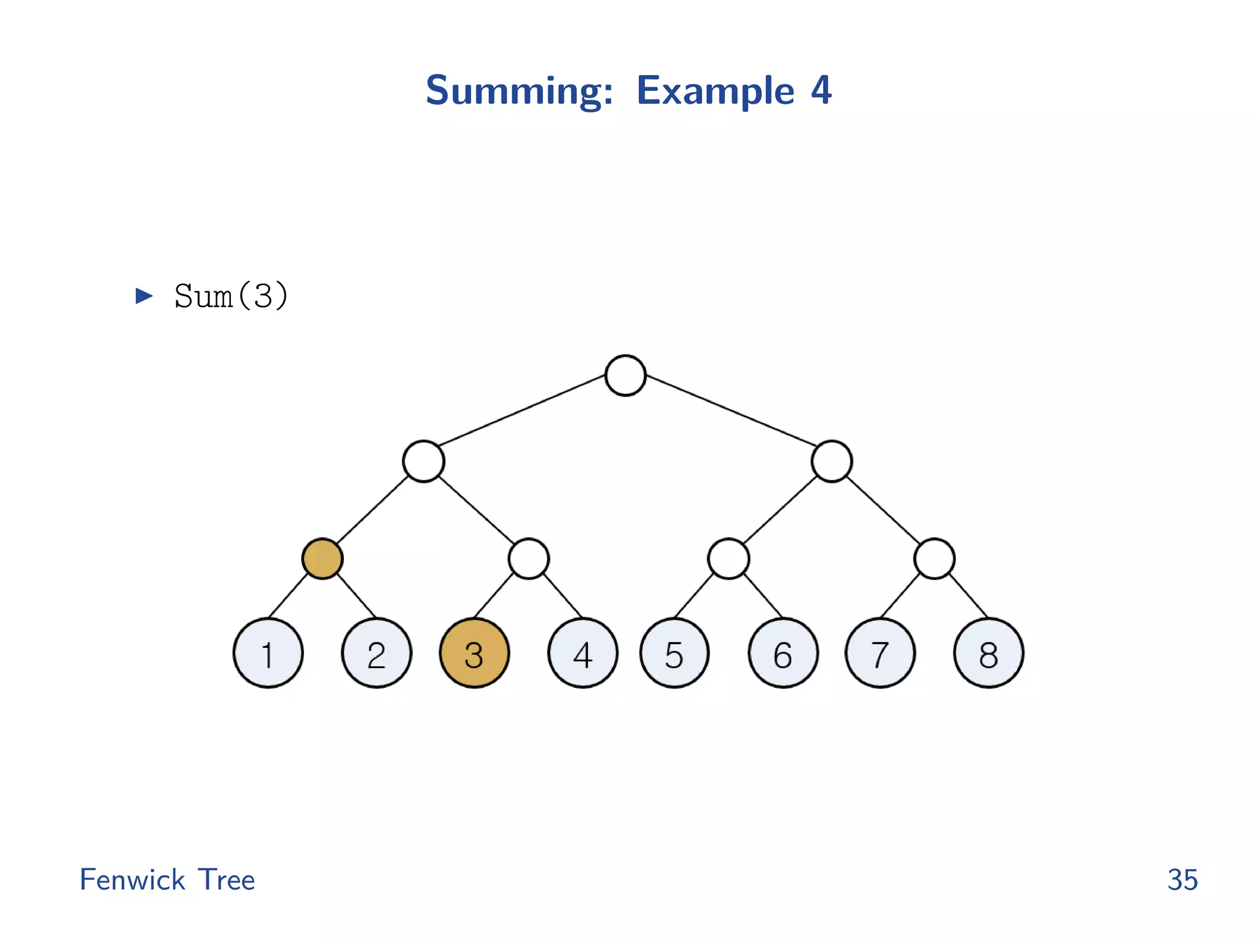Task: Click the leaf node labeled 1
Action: (x=268, y=653)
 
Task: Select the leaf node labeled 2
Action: (x=377, y=653)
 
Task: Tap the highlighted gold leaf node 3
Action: (x=474, y=653)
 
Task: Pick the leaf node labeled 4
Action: (x=583, y=653)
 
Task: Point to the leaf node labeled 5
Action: (x=674, y=653)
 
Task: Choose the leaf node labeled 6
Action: (x=783, y=653)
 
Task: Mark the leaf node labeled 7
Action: (x=880, y=653)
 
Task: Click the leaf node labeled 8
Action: (x=988, y=653)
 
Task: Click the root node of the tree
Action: (x=625, y=376)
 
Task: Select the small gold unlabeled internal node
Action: (x=322, y=559)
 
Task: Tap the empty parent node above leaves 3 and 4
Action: (x=528, y=559)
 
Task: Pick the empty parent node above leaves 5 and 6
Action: (x=729, y=559)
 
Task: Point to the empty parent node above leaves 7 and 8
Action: (x=934, y=559)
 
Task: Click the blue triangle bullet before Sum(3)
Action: (x=144, y=296)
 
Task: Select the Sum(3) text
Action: (x=231, y=296)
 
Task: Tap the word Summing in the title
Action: (x=519, y=91)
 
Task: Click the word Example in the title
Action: (x=716, y=91)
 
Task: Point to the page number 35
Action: (x=1182, y=879)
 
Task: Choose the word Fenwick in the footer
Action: (x=132, y=879)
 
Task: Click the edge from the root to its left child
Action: (x=522, y=410)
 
